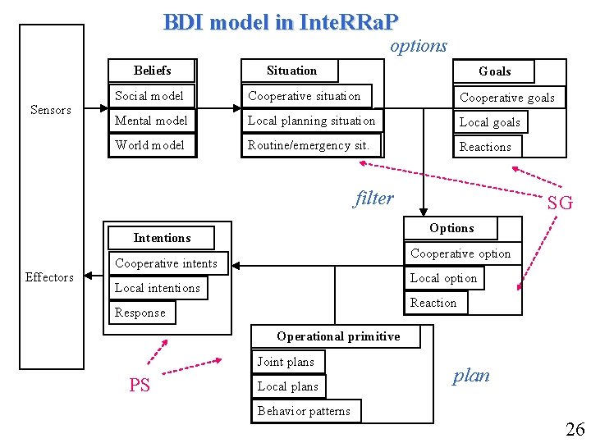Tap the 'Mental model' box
[152, 121]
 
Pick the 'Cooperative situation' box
[305, 96]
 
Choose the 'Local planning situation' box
[312, 121]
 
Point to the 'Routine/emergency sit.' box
[309, 145]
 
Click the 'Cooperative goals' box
[507, 98]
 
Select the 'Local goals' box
[490, 122]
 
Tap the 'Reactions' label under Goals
[485, 147]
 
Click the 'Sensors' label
[51, 110]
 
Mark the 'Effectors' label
[49, 277]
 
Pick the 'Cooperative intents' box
[167, 263]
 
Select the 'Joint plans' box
[286, 362]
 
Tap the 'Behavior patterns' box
[305, 411]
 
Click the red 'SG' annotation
[560, 203]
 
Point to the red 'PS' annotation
[140, 385]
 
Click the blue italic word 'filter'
[374, 198]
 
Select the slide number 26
[574, 429]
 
